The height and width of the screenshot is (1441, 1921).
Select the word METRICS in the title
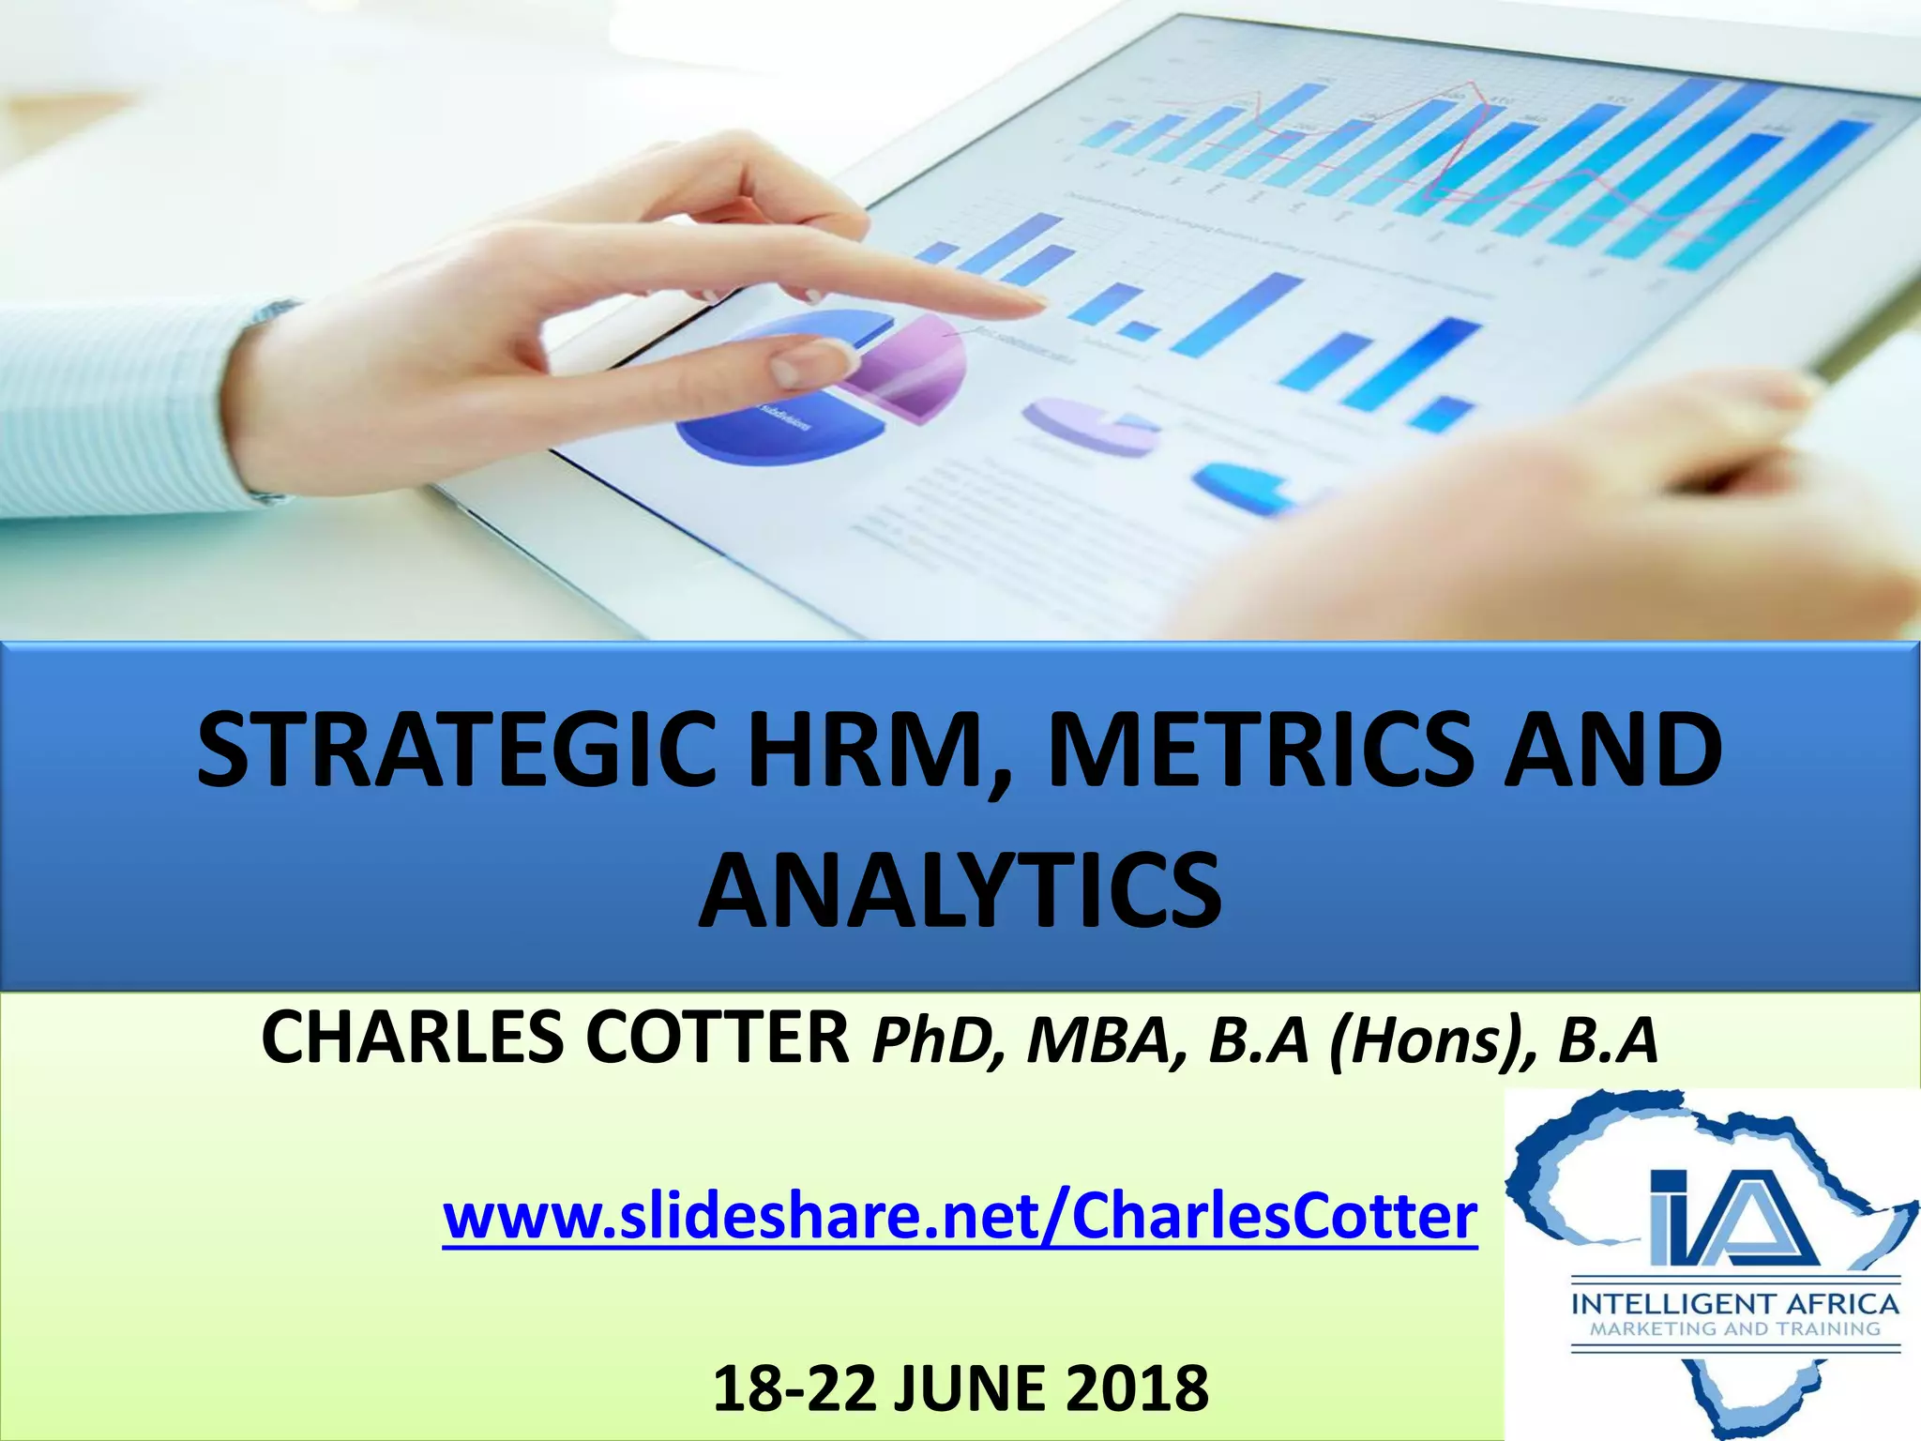[x=1258, y=751]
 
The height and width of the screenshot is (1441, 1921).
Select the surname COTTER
[x=718, y=1039]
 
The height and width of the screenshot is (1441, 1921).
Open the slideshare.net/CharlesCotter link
[x=960, y=1217]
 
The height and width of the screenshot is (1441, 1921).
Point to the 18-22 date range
[x=793, y=1388]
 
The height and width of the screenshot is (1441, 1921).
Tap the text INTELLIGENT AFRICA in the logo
[x=1734, y=1304]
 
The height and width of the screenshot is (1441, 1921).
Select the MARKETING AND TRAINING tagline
[x=1734, y=1328]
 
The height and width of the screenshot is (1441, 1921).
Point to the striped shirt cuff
[x=267, y=403]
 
